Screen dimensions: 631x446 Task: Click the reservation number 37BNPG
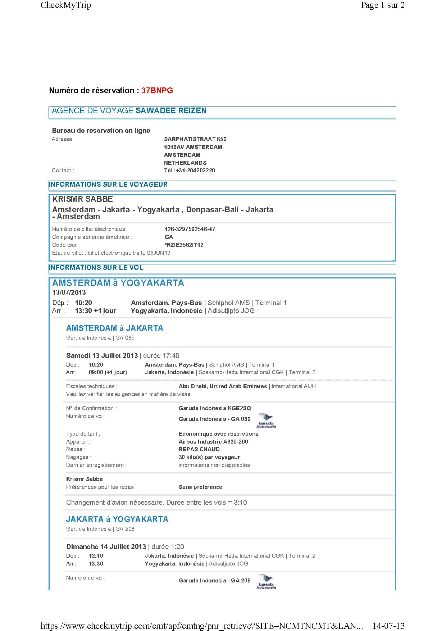pos(157,91)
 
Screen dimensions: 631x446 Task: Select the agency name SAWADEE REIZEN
pos(171,111)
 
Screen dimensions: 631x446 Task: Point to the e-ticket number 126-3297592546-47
pos(190,229)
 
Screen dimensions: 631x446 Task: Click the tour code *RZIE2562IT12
pos(184,245)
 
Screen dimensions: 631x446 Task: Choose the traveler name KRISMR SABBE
pos(82,199)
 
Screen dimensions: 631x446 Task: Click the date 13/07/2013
pos(69,292)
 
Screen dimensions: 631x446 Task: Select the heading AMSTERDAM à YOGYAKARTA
pos(118,283)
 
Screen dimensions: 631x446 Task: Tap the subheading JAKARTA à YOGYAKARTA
pos(117,519)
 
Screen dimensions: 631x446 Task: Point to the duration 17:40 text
pos(171,356)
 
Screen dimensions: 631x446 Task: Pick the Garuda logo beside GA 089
pos(266,420)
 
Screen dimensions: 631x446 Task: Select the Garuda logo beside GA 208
pos(266,582)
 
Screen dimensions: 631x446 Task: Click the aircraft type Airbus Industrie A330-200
pos(213,442)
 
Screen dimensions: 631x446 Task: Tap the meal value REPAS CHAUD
pos(199,449)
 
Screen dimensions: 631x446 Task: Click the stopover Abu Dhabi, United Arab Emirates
pos(223,386)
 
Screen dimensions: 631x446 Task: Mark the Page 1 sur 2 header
pos(383,5)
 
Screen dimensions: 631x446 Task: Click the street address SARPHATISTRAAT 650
pos(195,139)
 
